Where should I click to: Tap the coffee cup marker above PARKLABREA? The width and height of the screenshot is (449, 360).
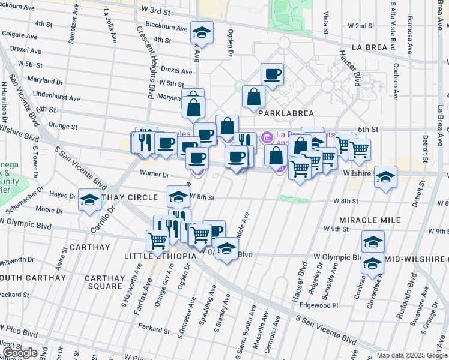[x=273, y=74]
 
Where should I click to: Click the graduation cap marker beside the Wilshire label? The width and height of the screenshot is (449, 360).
[x=385, y=177]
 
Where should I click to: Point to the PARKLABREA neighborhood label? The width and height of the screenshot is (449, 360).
[x=283, y=112]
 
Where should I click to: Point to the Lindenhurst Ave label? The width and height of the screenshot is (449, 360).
[x=57, y=97]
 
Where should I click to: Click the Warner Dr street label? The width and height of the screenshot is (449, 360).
[x=154, y=175]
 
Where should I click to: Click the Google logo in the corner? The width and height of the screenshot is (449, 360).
[x=20, y=353]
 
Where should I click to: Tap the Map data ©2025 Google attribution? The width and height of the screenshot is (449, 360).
[x=412, y=356]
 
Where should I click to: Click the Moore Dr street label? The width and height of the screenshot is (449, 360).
[x=45, y=210]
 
